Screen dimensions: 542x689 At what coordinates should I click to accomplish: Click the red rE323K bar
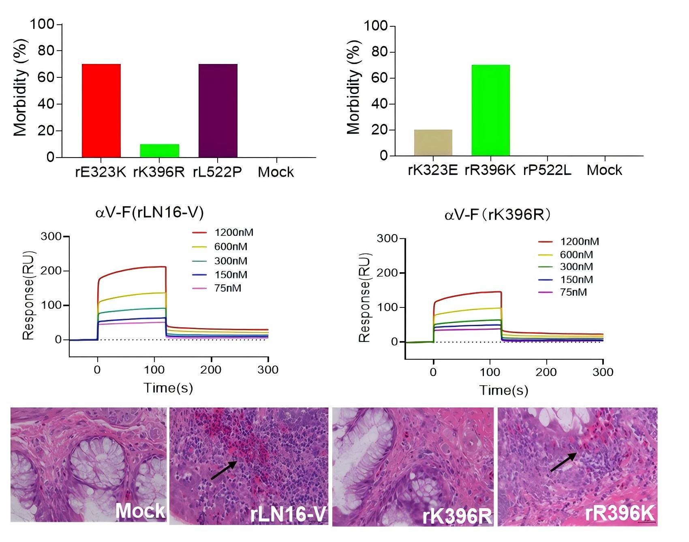(x=101, y=111)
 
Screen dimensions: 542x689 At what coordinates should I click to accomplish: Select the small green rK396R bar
(x=159, y=151)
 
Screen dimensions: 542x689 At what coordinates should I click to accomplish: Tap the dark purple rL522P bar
(x=218, y=111)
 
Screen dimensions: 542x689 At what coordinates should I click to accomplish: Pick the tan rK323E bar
(x=433, y=143)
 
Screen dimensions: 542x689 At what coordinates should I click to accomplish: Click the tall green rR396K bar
(x=490, y=110)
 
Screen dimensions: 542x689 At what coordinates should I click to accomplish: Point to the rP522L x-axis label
(x=547, y=171)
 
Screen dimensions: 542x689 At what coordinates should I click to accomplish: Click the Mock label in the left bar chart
(x=276, y=172)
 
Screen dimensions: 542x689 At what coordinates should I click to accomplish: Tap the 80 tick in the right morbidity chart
(x=379, y=52)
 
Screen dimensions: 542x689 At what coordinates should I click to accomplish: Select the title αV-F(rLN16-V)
(x=150, y=212)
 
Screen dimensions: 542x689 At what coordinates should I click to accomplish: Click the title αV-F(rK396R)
(x=498, y=215)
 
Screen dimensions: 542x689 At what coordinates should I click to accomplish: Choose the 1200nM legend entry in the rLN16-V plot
(x=233, y=233)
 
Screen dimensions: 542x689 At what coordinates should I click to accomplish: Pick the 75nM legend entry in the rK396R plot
(x=573, y=292)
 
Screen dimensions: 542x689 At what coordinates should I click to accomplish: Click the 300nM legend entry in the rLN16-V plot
(x=231, y=261)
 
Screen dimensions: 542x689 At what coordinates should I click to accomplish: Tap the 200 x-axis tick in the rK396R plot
(x=546, y=372)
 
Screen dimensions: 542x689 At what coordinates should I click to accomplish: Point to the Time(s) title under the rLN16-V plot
(x=168, y=388)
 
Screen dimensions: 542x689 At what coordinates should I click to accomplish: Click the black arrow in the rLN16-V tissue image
(x=224, y=470)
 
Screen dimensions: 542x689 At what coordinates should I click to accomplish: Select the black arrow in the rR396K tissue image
(x=563, y=462)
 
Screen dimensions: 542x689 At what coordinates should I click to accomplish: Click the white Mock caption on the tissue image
(x=140, y=511)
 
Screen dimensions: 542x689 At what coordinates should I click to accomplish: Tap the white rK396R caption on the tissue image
(x=457, y=516)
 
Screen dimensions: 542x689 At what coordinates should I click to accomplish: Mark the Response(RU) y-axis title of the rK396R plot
(x=365, y=298)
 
